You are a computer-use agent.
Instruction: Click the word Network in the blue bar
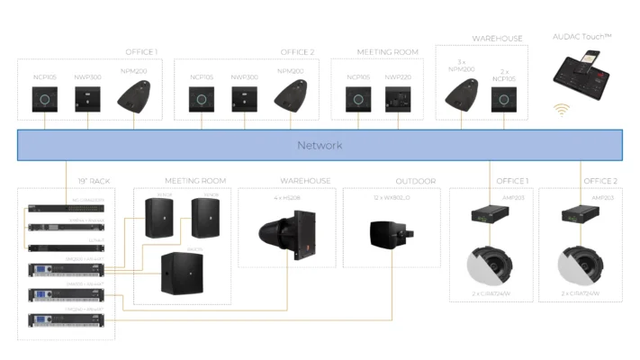pos(320,145)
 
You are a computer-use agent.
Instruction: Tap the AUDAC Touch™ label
pos(582,36)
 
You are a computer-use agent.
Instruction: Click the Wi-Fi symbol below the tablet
pos(562,111)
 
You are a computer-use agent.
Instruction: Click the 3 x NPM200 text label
pos(461,68)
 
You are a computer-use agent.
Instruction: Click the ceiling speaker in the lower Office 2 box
pos(579,266)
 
